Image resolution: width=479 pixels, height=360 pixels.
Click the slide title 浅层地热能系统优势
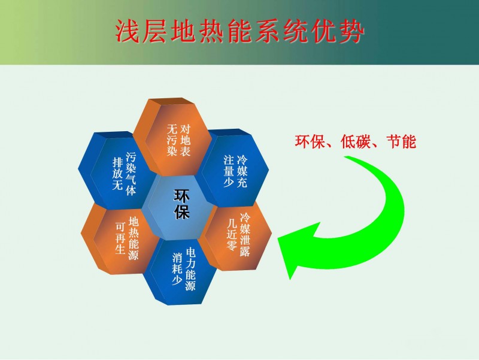(240, 32)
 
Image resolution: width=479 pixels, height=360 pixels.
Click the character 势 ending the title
(352, 32)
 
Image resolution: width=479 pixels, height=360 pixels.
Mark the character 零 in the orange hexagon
(232, 246)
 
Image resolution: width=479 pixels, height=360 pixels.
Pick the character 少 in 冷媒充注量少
(229, 181)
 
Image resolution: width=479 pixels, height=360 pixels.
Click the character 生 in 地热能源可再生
(120, 249)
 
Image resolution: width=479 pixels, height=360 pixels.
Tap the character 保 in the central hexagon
(182, 211)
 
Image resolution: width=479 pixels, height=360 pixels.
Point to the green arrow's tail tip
(346, 157)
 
